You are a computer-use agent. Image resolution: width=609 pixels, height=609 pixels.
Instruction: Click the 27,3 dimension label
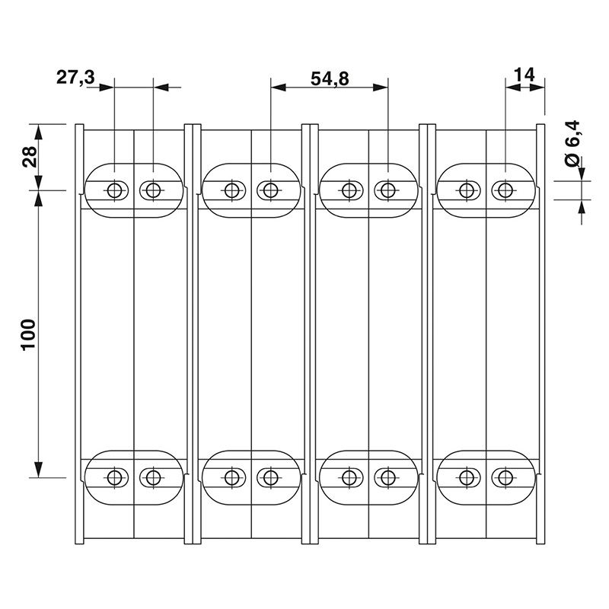75,76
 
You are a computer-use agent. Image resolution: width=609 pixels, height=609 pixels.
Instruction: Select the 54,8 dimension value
330,76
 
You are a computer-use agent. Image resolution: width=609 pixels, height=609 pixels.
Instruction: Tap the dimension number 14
524,74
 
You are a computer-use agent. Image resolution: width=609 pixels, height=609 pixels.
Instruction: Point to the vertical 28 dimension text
30,157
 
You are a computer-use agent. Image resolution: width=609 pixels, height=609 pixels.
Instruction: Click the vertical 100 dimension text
29,333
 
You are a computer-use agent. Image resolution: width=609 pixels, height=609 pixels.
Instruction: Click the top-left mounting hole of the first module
114,190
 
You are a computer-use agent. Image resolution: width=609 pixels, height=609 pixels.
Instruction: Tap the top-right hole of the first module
153,190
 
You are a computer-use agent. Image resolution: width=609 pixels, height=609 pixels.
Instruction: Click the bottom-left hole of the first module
114,477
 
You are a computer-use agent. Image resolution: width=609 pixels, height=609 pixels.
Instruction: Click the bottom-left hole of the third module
349,477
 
